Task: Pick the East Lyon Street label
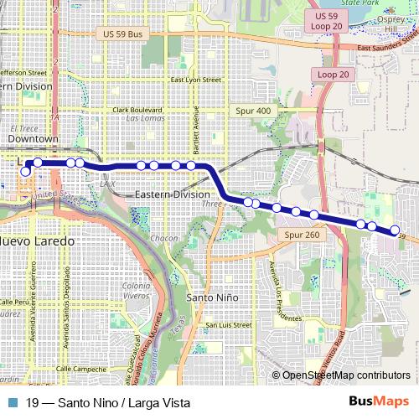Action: point(195,80)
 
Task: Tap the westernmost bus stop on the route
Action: point(25,171)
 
